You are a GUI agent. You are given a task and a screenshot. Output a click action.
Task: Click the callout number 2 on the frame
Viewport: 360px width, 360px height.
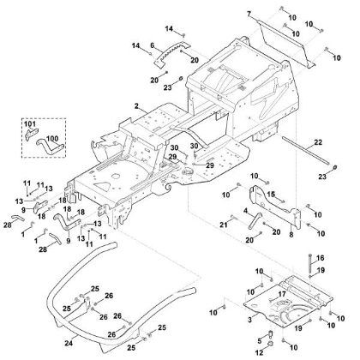[x=136, y=105]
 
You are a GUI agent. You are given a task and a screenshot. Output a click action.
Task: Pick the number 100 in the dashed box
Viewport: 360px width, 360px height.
[x=52, y=138]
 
